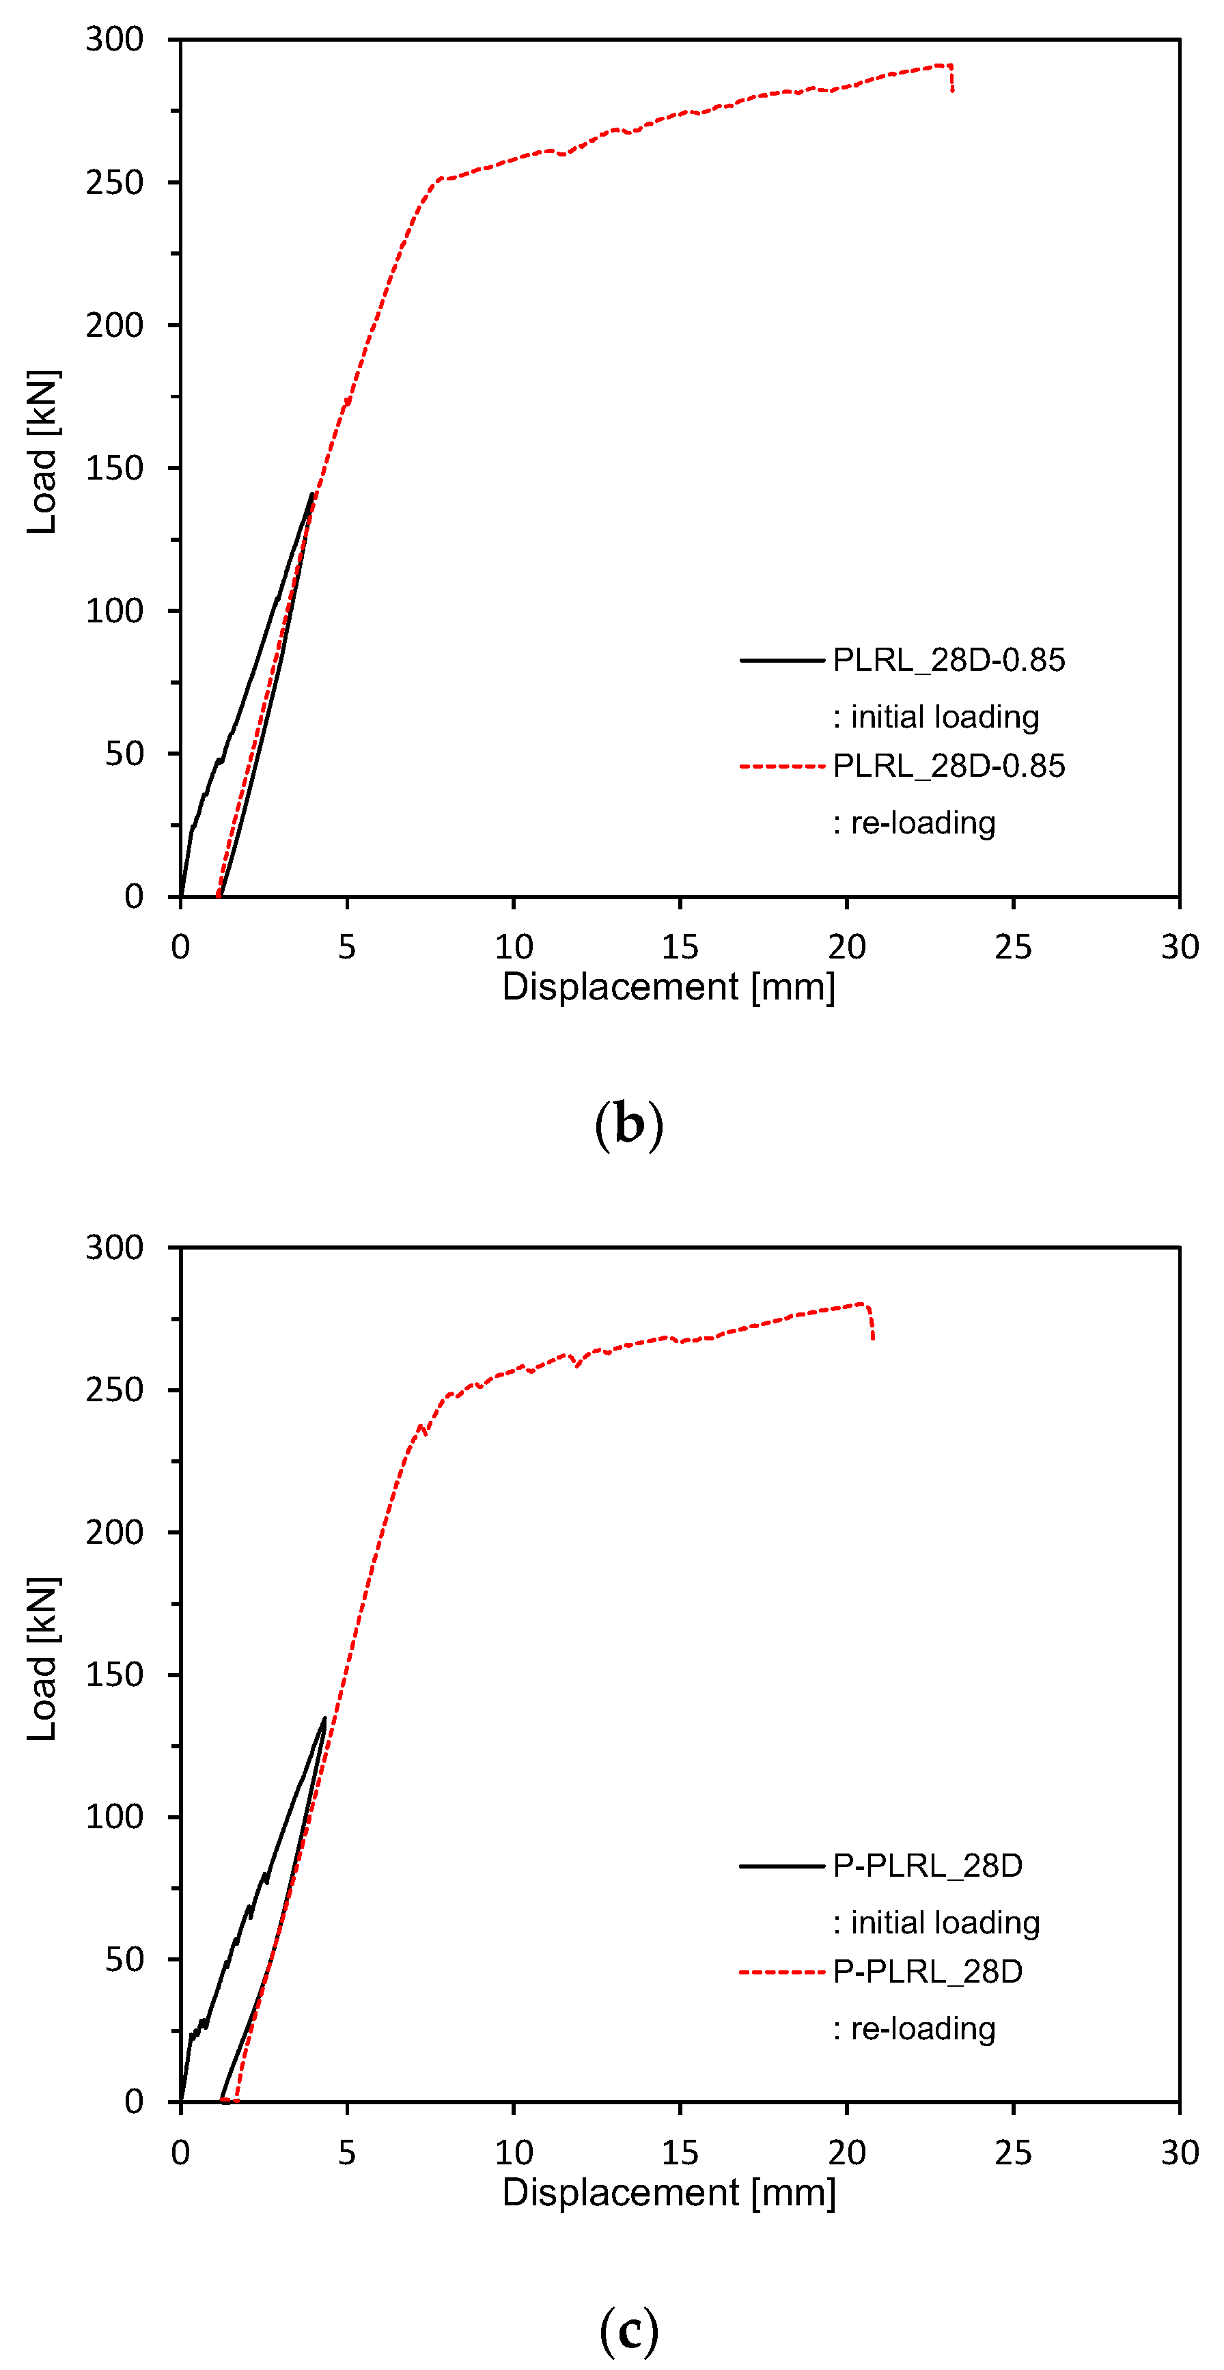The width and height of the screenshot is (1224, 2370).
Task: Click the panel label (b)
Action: tap(628, 1125)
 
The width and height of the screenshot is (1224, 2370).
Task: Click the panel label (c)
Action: tap(628, 2330)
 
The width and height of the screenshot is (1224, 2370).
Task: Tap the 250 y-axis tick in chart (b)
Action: tap(114, 183)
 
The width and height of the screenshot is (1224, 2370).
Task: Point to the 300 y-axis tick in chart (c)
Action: tap(114, 1248)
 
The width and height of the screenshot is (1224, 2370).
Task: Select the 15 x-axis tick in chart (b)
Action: tap(680, 947)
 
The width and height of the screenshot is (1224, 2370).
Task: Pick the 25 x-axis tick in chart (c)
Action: tap(1012, 2153)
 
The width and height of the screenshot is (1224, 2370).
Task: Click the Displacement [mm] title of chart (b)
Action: tap(669, 987)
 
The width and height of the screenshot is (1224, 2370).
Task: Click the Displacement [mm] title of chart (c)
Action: tap(669, 2192)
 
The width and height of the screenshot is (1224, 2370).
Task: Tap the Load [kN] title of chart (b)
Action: tap(43, 452)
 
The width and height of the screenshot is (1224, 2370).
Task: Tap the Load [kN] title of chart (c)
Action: tap(43, 1659)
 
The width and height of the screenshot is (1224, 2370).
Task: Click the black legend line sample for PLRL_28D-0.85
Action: tap(781, 660)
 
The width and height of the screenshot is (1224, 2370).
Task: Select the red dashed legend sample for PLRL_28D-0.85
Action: tap(781, 765)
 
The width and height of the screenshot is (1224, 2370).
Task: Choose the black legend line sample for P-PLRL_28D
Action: tap(781, 1865)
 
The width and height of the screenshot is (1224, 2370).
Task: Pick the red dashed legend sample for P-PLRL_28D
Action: tap(781, 1972)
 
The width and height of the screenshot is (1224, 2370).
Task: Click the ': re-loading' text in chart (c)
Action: tap(914, 2028)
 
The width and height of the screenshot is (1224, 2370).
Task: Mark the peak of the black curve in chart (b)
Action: tap(311, 494)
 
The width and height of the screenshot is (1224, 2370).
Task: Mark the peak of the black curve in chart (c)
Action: tap(324, 1718)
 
